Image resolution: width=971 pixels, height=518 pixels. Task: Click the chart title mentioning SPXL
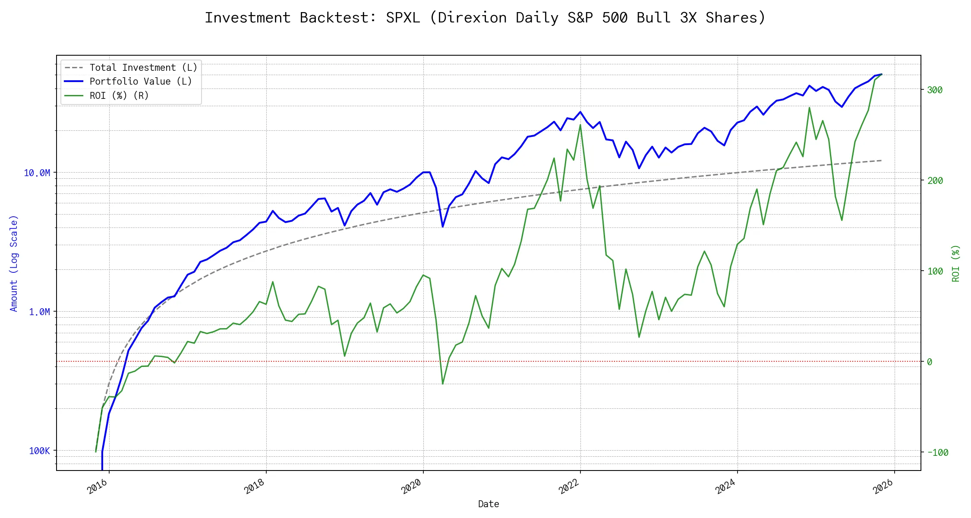click(x=485, y=18)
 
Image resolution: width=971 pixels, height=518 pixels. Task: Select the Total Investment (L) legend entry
click(x=143, y=68)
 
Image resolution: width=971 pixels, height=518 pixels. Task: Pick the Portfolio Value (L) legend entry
click(x=141, y=82)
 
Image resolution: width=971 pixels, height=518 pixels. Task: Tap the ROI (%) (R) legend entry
click(x=119, y=96)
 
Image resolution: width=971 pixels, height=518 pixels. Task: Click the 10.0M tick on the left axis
click(x=37, y=173)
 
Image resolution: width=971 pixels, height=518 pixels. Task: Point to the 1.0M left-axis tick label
click(x=40, y=312)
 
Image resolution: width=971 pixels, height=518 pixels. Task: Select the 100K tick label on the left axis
click(x=40, y=451)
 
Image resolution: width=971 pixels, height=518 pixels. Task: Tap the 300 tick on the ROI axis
click(x=935, y=90)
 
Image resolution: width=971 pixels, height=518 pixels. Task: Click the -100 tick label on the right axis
click(x=938, y=453)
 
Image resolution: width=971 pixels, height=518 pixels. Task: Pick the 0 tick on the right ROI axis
click(x=930, y=362)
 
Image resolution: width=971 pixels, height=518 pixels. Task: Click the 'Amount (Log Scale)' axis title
click(x=14, y=263)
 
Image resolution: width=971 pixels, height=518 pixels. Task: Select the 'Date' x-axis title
click(x=489, y=504)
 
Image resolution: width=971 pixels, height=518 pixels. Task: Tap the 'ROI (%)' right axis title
click(x=956, y=263)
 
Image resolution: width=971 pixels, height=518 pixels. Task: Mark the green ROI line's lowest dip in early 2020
click(x=443, y=384)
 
